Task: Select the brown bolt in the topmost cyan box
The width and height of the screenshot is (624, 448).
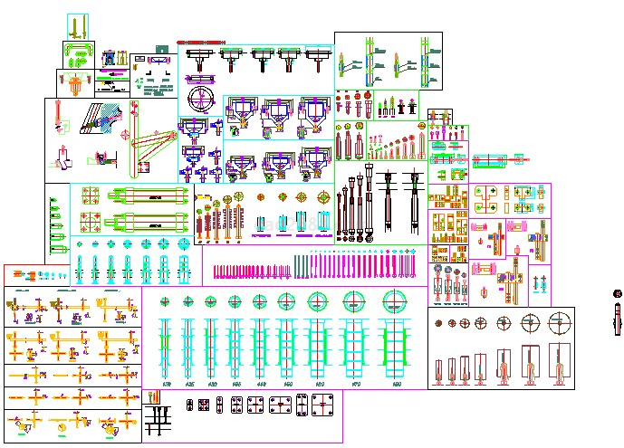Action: (x=77, y=25)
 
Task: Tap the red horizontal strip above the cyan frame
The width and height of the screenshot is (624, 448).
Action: (x=201, y=42)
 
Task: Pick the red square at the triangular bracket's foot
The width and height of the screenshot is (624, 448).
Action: (x=143, y=167)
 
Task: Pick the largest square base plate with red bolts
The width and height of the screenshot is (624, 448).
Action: (x=323, y=405)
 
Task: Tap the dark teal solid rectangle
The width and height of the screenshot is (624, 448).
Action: (x=162, y=49)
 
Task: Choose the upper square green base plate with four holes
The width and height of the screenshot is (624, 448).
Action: (x=91, y=195)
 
